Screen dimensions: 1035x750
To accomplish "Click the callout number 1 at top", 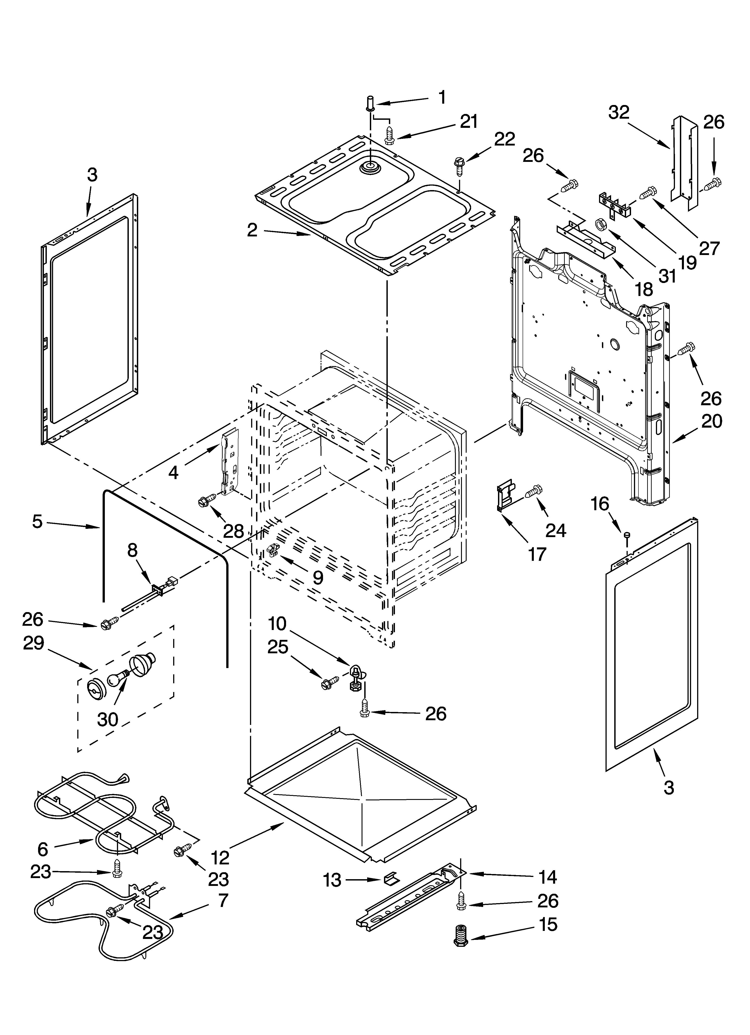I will (x=442, y=97).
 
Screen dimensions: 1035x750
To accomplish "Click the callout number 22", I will (x=504, y=139).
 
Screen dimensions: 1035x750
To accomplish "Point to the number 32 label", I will (x=619, y=112).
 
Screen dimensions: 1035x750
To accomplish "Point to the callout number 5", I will (x=38, y=522).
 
